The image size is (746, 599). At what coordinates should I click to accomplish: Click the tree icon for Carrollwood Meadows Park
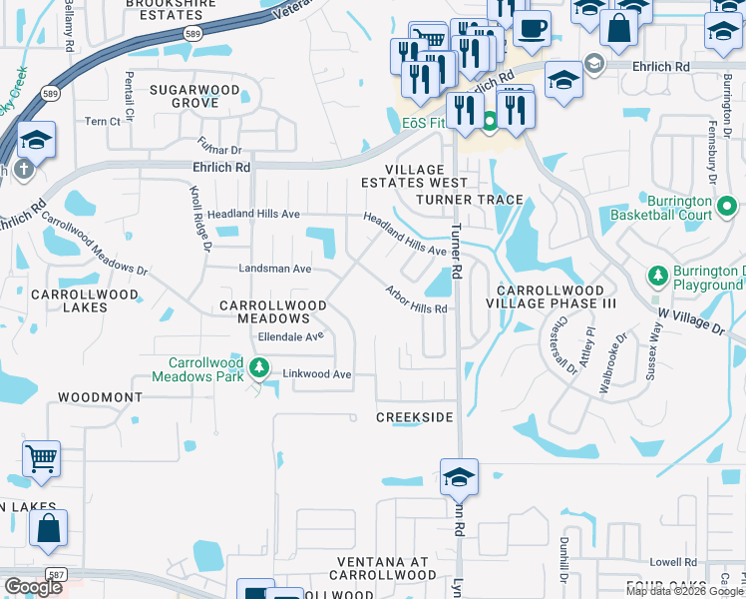[x=259, y=368]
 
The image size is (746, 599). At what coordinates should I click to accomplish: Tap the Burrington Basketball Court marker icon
[x=727, y=209]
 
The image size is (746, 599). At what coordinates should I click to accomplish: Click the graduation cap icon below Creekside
[x=458, y=477]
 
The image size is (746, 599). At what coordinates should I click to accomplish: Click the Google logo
[x=33, y=587]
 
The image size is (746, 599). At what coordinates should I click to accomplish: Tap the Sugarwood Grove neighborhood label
[x=194, y=97]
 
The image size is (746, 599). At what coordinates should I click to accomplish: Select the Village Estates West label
[x=413, y=176]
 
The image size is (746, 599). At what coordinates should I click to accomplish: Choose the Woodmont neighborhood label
[x=100, y=397]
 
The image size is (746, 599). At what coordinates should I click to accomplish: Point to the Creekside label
[x=414, y=416]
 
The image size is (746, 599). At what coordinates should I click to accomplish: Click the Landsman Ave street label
[x=275, y=269]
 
